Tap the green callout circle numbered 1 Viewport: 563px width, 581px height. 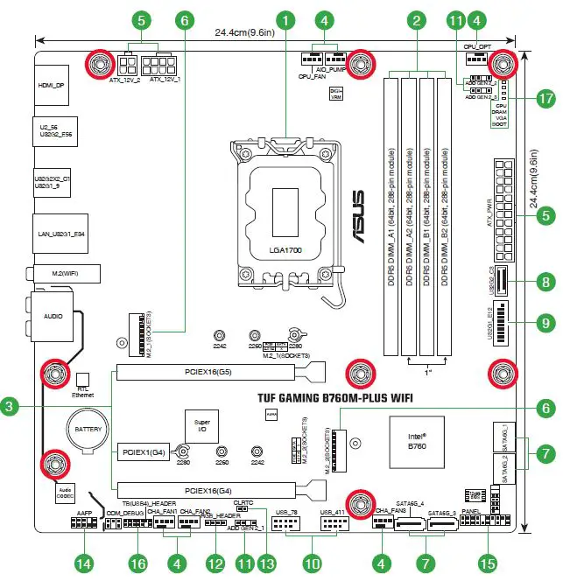(x=285, y=17)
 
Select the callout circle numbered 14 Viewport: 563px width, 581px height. (x=84, y=563)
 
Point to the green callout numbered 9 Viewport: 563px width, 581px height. (x=545, y=322)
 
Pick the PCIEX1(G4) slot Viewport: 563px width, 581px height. (x=143, y=430)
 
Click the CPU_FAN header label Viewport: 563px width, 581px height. (x=313, y=78)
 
